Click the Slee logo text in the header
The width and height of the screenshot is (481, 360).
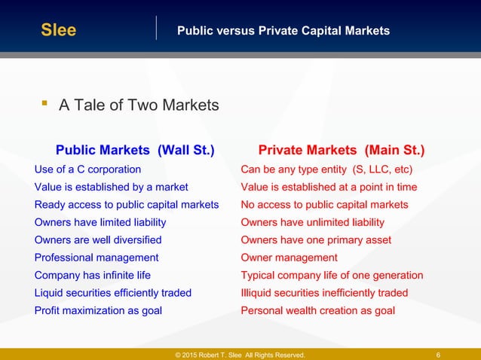pos(58,31)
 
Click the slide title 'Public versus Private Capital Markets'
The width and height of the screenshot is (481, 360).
pos(283,31)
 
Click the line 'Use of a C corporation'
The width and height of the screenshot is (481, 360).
pos(87,169)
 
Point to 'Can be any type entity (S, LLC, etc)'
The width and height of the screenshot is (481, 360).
pos(326,169)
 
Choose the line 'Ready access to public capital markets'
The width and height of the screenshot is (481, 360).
pos(127,205)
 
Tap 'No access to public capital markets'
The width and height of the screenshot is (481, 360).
pos(324,205)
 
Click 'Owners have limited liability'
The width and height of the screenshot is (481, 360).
pos(100,222)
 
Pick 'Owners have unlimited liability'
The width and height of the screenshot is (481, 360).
pos(312,222)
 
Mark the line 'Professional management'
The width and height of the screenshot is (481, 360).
pos(97,258)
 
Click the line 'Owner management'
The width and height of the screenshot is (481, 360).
pos(289,258)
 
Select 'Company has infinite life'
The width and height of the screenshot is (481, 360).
pos(92,276)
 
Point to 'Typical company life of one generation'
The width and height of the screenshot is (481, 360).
pos(332,276)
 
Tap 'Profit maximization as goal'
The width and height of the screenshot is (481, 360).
pos(98,310)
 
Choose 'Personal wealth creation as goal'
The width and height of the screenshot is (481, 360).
pos(317,310)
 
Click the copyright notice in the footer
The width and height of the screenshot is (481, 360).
pos(240,355)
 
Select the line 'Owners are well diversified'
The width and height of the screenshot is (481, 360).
pos(98,240)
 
